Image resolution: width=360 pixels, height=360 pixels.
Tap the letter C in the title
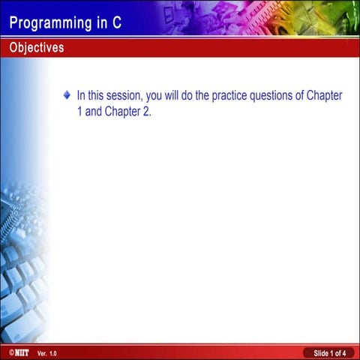click(x=116, y=22)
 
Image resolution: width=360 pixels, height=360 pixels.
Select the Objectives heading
click(x=37, y=48)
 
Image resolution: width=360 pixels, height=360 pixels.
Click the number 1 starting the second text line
click(x=79, y=112)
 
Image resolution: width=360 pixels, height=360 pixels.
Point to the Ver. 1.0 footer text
click(x=46, y=352)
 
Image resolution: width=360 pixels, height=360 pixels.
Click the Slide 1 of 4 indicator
click(x=329, y=352)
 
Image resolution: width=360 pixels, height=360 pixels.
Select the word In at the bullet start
click(x=81, y=96)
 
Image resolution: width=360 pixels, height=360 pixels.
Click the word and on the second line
click(x=94, y=112)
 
